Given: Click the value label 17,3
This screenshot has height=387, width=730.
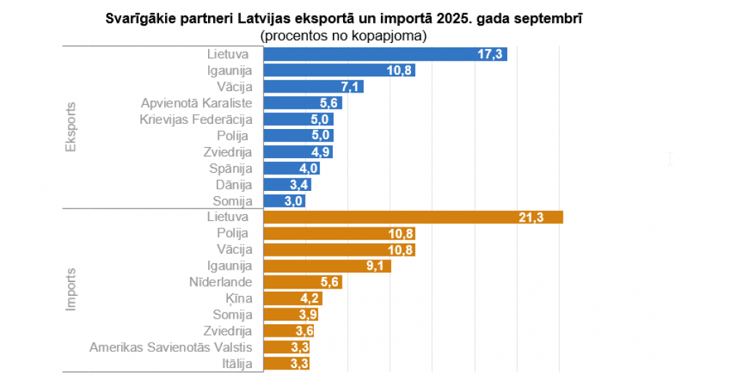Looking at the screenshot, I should [489, 55].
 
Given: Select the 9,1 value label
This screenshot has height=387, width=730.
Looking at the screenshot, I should [375, 266].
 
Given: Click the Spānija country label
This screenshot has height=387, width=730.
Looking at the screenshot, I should [231, 168].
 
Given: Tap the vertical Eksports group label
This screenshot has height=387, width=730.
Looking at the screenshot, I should [71, 127].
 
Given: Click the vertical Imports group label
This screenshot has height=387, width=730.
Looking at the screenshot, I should [71, 290].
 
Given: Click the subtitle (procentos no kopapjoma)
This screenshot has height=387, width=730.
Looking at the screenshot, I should [343, 34].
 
